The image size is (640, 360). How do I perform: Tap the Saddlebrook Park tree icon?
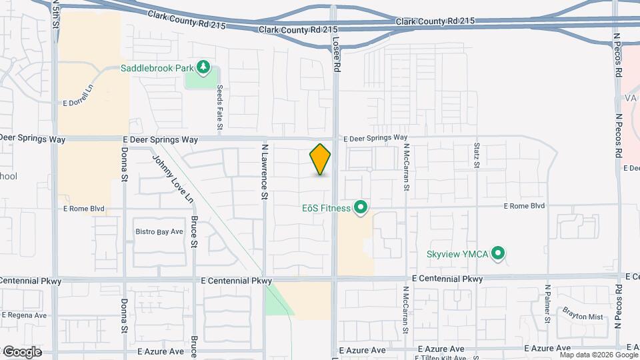[204, 68]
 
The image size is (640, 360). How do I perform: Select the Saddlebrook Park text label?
[157, 68]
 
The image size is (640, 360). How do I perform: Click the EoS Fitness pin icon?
[361, 208]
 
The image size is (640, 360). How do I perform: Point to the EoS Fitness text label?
[325, 208]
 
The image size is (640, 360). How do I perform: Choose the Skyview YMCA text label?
[458, 254]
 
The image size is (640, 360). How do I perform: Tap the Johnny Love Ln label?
[173, 179]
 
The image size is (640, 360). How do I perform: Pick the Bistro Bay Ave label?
[159, 231]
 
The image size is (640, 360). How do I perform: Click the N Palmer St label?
[547, 304]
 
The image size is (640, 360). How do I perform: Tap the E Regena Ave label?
[25, 315]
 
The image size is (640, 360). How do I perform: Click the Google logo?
[21, 351]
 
